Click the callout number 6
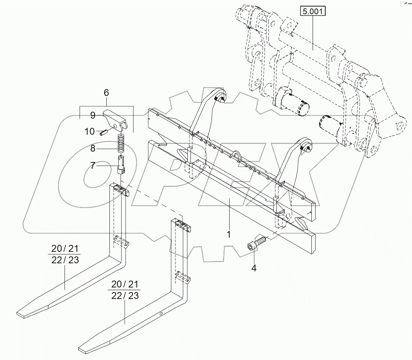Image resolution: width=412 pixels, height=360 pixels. click(x=106, y=92)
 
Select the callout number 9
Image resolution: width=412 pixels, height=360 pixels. click(x=93, y=115)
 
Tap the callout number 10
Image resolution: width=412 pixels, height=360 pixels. click(x=89, y=132)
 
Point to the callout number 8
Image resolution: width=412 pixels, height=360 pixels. click(x=93, y=149)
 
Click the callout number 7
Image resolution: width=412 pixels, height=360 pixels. click(x=93, y=166)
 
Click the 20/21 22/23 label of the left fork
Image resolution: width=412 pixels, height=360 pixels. click(x=65, y=254)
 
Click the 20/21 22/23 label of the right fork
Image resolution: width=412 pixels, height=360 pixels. click(x=124, y=290)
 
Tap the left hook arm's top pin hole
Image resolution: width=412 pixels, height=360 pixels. click(x=221, y=99)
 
